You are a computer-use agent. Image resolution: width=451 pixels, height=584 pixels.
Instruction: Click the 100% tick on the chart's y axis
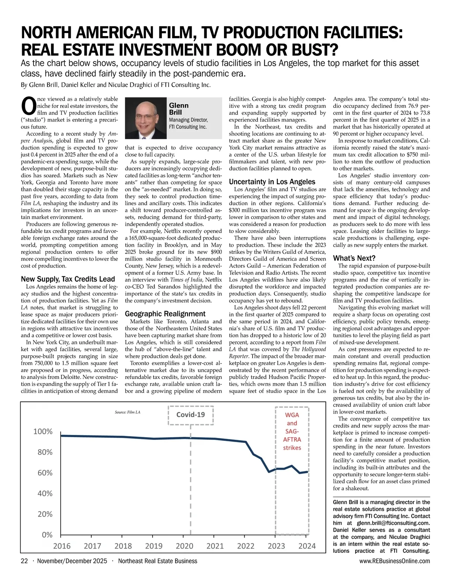coord(43,432)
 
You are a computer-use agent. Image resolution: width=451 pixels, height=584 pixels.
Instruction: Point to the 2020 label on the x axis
coord(184,546)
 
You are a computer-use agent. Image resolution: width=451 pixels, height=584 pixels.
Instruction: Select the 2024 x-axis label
coord(307,546)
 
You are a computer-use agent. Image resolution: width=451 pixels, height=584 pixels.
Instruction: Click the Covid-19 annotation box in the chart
coord(191,415)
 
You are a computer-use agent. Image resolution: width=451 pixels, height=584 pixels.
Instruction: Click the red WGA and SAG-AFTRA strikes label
coord(292,431)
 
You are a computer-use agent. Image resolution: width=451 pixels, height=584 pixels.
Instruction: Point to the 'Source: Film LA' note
coord(127,412)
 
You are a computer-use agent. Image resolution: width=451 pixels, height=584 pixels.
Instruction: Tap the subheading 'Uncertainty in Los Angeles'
coord(272,182)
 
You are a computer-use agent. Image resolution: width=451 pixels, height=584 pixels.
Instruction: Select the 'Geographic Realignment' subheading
coord(165,314)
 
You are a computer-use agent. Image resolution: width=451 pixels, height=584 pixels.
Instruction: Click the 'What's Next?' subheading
coord(354,258)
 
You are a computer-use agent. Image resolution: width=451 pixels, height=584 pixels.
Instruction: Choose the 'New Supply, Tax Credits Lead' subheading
coord(68,279)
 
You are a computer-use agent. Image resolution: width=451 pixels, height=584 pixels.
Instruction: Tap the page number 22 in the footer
coord(24,561)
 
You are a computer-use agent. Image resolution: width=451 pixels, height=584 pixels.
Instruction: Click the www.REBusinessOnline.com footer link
coord(395,561)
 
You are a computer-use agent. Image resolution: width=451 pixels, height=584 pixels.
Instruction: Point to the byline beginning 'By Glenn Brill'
coord(116,85)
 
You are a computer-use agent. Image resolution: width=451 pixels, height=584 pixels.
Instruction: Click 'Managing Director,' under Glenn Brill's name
coord(188,120)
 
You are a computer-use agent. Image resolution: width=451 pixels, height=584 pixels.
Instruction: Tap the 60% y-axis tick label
coord(45,473)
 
